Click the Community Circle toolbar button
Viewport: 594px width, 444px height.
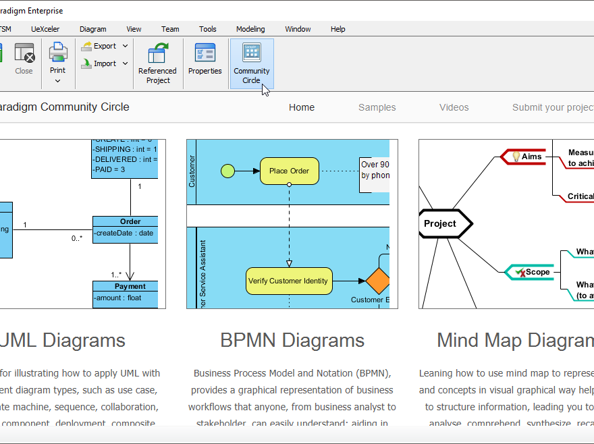[252, 63]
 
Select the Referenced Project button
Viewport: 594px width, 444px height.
[157, 63]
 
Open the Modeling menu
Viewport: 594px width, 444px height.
[250, 29]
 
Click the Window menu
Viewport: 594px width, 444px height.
[298, 29]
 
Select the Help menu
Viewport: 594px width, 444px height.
[337, 29]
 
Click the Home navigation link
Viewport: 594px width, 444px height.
[302, 107]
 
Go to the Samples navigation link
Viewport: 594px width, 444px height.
[377, 107]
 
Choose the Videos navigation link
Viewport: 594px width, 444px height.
[454, 107]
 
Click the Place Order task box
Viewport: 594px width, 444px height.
[289, 171]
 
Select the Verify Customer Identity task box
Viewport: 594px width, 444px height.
[288, 281]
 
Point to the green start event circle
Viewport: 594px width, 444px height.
[228, 171]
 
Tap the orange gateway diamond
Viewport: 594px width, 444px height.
[378, 281]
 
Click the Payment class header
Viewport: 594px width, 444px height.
[129, 286]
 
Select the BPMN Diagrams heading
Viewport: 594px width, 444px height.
[292, 340]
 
